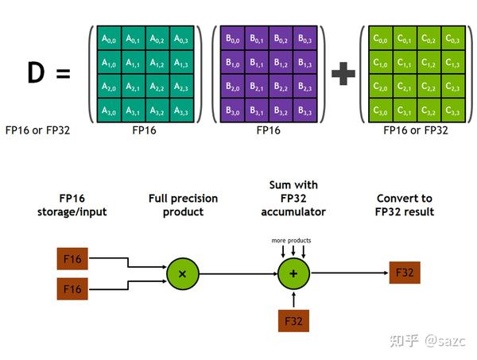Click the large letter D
click(x=37, y=74)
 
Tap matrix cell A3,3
click(x=182, y=110)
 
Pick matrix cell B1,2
click(x=281, y=62)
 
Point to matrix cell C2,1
click(x=405, y=87)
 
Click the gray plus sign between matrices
click(x=343, y=75)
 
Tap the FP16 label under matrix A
click(x=145, y=130)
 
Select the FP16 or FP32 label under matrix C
click(x=416, y=130)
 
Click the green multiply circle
click(x=183, y=273)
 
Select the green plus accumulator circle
click(x=293, y=273)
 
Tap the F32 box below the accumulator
click(x=293, y=321)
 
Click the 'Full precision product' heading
click(x=182, y=205)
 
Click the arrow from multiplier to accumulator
click(x=238, y=273)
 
